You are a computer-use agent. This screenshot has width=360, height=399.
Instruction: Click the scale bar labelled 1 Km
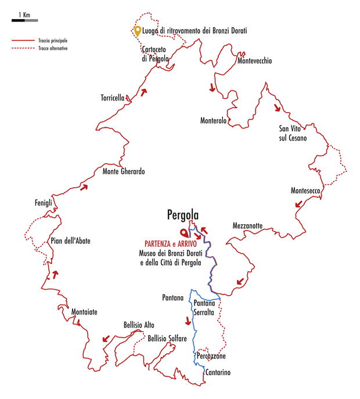tap(24, 20)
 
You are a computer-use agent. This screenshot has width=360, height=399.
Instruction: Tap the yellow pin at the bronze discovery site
tap(137, 31)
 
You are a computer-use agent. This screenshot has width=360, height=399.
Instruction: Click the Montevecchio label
tap(254, 61)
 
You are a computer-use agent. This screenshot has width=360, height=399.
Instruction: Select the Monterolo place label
tap(213, 120)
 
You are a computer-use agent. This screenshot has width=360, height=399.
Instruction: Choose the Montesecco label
tap(306, 190)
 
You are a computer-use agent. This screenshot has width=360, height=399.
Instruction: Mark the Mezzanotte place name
tap(248, 225)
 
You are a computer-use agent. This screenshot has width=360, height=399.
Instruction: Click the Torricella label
tap(113, 98)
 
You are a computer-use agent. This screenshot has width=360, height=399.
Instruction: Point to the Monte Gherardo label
tap(123, 171)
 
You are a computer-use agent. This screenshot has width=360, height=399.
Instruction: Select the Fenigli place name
tap(44, 203)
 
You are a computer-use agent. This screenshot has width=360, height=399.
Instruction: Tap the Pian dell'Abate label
tap(70, 241)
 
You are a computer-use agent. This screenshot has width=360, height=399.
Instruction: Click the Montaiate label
tap(84, 312)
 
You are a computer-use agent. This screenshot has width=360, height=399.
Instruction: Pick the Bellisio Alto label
tap(139, 325)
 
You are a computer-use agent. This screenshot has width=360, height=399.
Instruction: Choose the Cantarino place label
tap(218, 372)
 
